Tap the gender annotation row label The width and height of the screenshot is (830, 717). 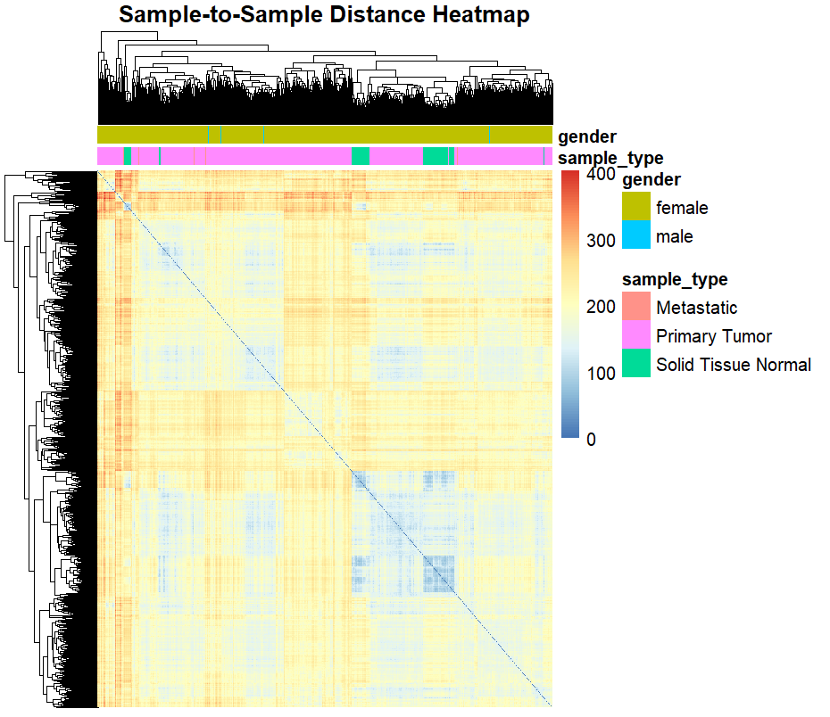pos(586,136)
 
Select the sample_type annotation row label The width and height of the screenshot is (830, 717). pos(610,159)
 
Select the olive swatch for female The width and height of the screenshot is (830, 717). pos(636,208)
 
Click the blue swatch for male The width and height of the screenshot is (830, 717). pos(636,236)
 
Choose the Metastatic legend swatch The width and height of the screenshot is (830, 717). pos(636,308)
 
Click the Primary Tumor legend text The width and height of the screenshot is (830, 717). pos(713,336)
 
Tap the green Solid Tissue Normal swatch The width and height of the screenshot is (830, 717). pos(636,364)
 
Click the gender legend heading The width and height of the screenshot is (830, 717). pos(651,180)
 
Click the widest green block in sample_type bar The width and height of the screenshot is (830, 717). pos(435,157)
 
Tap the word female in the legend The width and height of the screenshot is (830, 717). pos(681,208)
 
